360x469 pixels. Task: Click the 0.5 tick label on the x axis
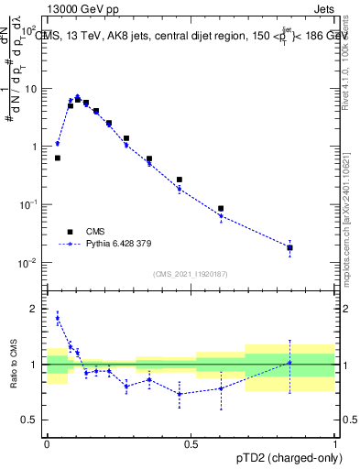tap(191, 443)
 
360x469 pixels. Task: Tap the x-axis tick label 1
tap(335, 443)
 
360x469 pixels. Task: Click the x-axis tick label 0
tap(47, 443)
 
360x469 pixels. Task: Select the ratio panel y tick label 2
tap(34, 309)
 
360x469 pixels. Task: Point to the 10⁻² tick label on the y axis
tap(29, 263)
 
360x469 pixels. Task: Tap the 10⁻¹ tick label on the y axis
tap(29, 205)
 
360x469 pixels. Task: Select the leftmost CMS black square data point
tap(58, 158)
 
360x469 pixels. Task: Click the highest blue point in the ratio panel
tap(58, 318)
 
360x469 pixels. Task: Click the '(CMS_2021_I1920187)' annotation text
tap(190, 274)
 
